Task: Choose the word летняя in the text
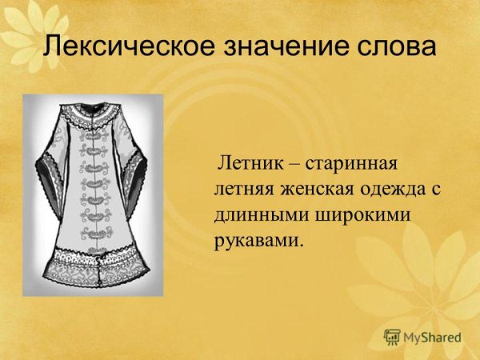tap(242, 190)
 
